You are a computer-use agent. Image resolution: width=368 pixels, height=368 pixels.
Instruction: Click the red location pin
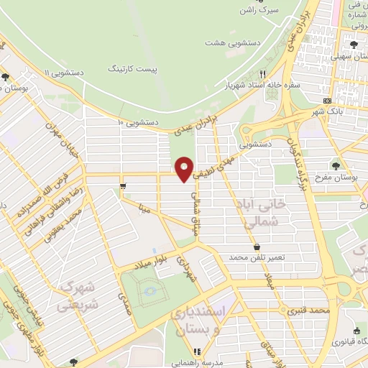point(185,168)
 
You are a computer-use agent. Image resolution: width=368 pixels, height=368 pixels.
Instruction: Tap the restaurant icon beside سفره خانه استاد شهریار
point(264,73)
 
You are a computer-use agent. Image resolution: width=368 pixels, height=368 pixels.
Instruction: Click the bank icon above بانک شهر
point(327,101)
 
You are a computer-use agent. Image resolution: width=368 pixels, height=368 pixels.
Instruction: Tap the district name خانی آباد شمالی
point(259,214)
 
